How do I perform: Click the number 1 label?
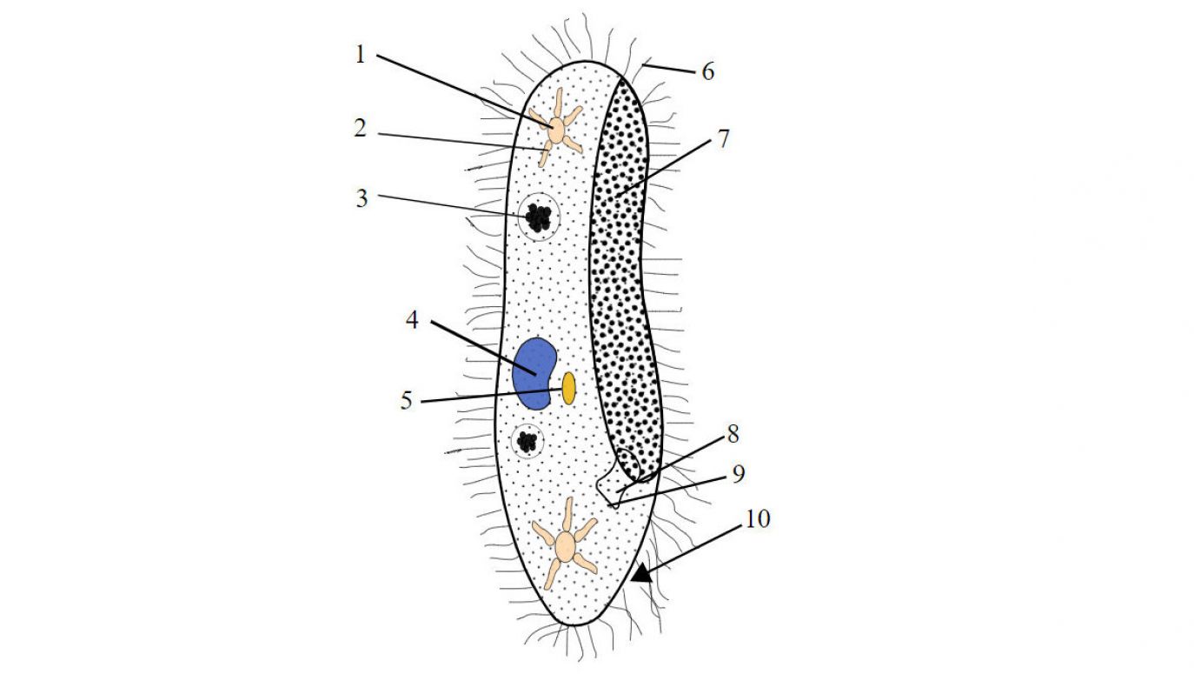[x=361, y=55]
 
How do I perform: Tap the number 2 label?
[x=361, y=129]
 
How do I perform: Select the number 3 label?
[x=362, y=198]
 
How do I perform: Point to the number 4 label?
[x=412, y=320]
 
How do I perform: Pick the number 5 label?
[x=407, y=400]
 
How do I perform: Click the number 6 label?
[x=708, y=71]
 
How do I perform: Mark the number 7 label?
[x=723, y=139]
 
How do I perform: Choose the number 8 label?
[x=733, y=434]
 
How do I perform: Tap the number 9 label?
[x=739, y=474]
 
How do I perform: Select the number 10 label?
[x=758, y=518]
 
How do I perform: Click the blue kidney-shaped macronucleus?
[x=534, y=374]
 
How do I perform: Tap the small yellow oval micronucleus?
[x=568, y=388]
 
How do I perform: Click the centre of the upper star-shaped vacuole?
[x=556, y=130]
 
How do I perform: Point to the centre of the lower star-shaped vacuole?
[x=565, y=545]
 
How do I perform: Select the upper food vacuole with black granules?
[x=539, y=217]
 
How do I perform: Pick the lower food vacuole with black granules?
[x=527, y=441]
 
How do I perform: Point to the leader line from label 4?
[x=483, y=347]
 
